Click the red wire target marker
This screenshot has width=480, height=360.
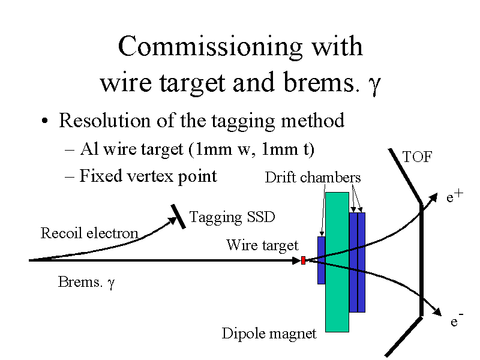click(x=304, y=260)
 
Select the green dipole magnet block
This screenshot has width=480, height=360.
click(x=337, y=262)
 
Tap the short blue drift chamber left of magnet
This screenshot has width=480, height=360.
click(x=321, y=260)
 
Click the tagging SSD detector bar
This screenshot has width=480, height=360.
click(x=178, y=216)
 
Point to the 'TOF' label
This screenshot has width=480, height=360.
click(x=417, y=158)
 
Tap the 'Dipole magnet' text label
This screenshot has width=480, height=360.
click(x=269, y=334)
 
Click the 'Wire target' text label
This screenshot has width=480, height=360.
click(x=262, y=245)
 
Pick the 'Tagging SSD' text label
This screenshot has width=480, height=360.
click(x=232, y=217)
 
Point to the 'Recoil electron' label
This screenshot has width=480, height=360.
click(x=89, y=233)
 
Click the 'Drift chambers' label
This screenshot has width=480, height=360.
click(x=313, y=178)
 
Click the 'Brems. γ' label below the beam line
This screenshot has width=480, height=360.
click(x=86, y=282)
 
